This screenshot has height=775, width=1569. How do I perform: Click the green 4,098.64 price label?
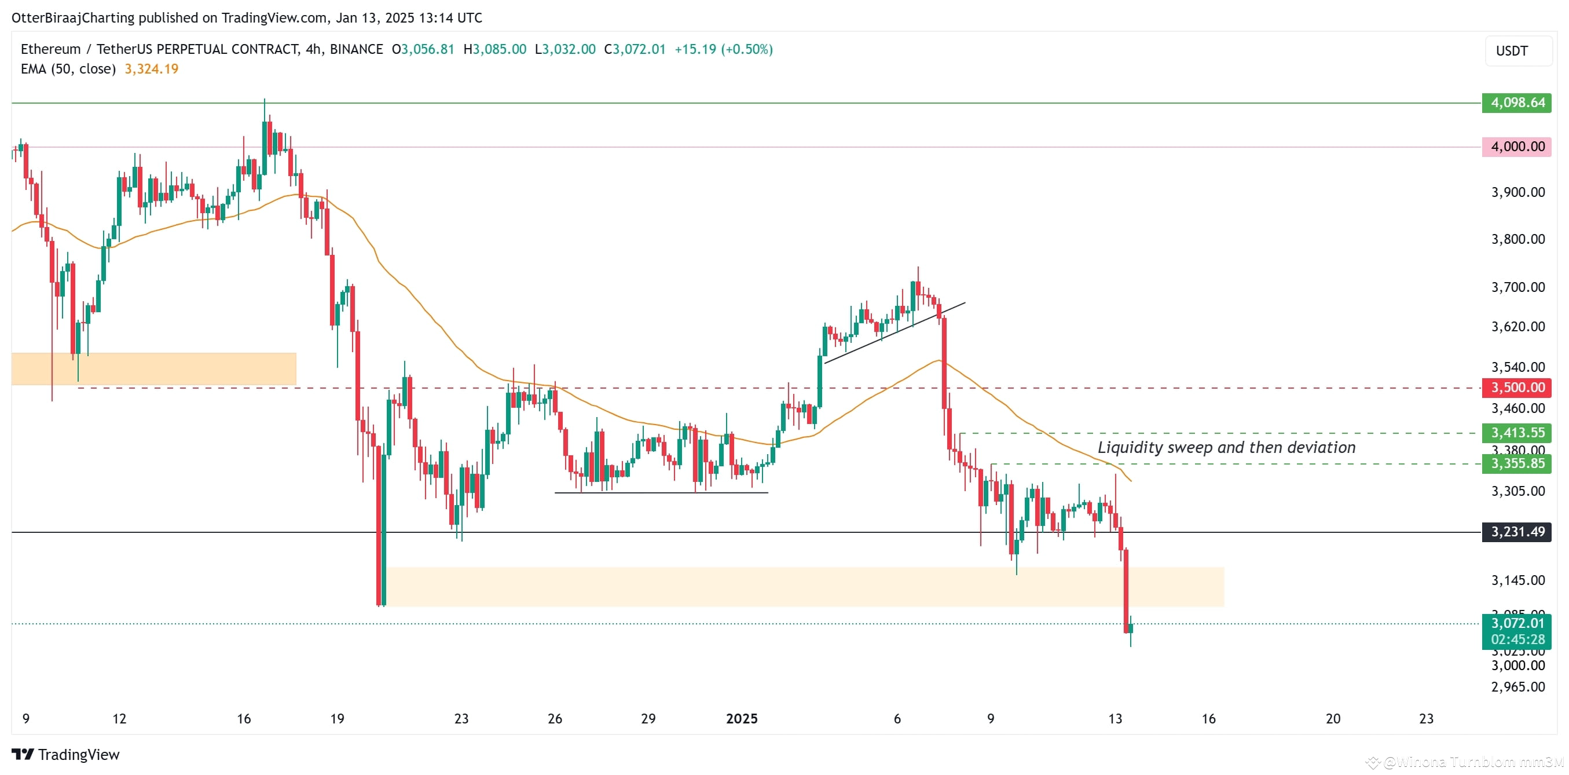coord(1517,103)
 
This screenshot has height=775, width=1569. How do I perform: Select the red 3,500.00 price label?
coord(1517,388)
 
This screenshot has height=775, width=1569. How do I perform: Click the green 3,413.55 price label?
coord(1517,433)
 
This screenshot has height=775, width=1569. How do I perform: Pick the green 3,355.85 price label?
coord(1517,463)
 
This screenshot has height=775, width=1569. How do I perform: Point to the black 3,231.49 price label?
coord(1517,532)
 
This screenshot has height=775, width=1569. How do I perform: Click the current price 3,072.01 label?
coord(1517,623)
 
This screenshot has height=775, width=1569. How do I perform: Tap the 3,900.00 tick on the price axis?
coord(1517,192)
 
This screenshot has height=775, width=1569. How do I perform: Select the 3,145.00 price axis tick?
coord(1517,580)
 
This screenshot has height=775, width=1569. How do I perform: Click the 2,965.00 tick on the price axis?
coord(1517,686)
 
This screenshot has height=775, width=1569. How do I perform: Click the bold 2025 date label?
coord(741,719)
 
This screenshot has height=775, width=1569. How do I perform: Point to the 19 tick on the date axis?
coord(337,719)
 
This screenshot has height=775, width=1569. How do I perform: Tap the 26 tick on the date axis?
coord(555,719)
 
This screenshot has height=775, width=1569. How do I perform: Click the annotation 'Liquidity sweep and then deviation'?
coord(1226,448)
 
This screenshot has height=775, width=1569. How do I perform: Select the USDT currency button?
coord(1512,51)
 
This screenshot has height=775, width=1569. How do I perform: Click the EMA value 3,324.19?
coord(152,69)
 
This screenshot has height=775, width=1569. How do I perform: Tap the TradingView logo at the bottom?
coord(66,755)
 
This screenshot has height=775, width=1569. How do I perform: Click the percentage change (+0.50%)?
coord(747,49)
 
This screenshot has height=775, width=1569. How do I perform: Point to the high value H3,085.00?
coord(494,49)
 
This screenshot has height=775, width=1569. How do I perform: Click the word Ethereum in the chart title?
coord(50,49)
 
